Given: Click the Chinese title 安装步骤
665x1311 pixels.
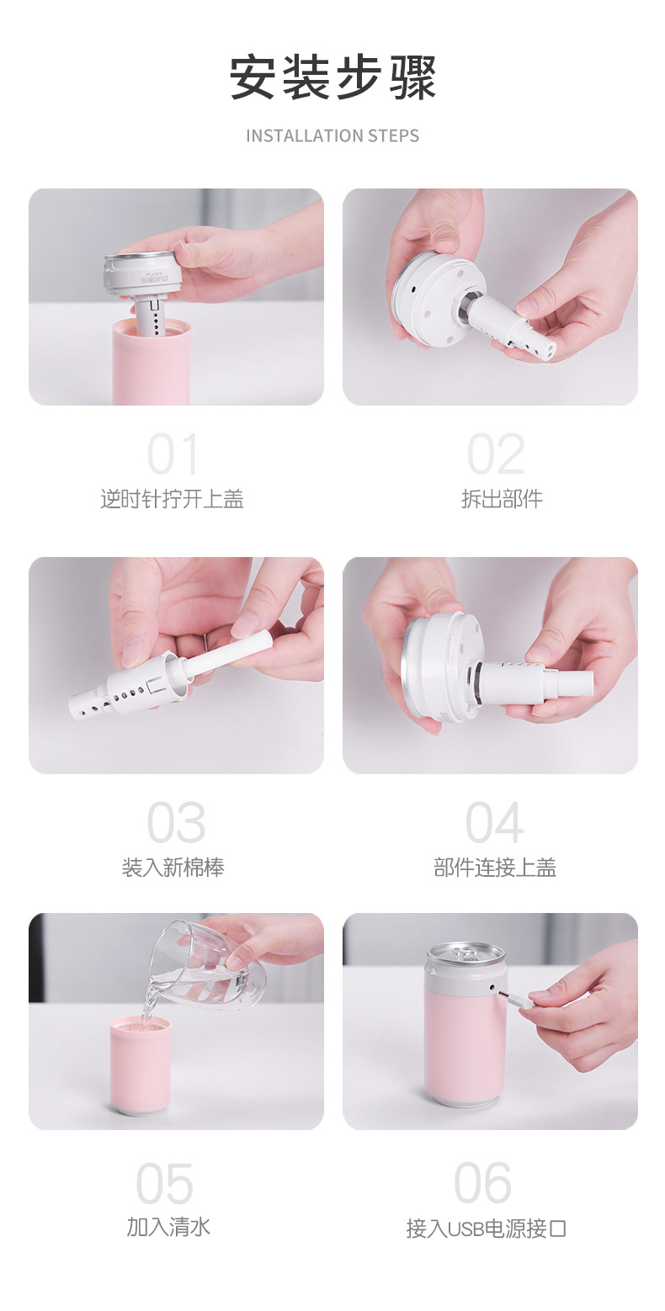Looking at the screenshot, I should [x=332, y=78].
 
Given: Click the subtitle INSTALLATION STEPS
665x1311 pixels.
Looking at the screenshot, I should [x=332, y=135].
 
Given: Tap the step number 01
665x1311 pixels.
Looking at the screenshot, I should [x=173, y=455].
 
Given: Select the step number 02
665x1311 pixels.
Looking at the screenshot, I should [x=496, y=455].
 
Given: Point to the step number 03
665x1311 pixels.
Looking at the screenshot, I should [x=175, y=823].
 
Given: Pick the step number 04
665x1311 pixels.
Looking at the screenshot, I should [x=495, y=823].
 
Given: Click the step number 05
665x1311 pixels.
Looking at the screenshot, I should [x=165, y=1184].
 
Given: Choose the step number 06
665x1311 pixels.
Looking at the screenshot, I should [x=483, y=1184].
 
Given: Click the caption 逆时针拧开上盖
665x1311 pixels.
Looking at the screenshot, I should [x=173, y=499].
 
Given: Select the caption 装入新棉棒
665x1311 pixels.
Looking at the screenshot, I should [x=173, y=868].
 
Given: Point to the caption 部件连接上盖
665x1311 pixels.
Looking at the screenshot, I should [x=495, y=868].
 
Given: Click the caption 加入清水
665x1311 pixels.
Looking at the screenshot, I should [x=168, y=1227].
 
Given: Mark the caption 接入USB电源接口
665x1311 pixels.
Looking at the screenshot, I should [x=487, y=1229].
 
